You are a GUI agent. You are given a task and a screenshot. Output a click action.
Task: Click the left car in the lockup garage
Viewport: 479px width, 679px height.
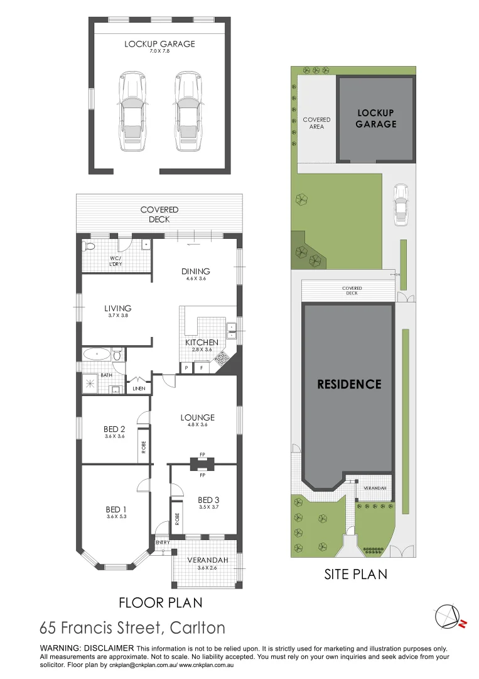(x=132, y=111)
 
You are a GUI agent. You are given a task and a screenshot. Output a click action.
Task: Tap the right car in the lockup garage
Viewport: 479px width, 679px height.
(x=188, y=111)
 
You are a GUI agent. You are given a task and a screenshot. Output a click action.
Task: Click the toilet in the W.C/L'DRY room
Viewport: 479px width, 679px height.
(x=90, y=246)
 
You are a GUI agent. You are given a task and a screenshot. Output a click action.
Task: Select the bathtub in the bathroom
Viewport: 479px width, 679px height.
(x=97, y=354)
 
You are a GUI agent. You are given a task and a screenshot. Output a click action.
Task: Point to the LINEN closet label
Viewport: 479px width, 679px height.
(x=139, y=389)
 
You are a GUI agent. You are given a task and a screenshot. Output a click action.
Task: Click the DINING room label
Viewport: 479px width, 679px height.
(x=196, y=272)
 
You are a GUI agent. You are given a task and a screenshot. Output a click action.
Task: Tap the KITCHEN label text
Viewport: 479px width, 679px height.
(x=202, y=343)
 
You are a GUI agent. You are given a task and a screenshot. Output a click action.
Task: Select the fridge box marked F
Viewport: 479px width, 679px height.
(x=202, y=368)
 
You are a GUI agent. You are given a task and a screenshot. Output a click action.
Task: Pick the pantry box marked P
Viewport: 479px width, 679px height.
(x=186, y=368)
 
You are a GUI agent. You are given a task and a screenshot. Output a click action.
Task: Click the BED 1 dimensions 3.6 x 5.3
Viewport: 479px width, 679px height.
(x=116, y=517)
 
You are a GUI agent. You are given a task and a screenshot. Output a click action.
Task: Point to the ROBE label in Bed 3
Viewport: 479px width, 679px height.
(x=177, y=519)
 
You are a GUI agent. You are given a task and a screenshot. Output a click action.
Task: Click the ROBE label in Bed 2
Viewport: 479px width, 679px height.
(x=144, y=448)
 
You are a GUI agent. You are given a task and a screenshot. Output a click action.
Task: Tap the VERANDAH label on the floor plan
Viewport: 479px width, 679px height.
(x=208, y=560)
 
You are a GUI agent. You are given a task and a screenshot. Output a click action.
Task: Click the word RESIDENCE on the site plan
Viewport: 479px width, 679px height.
(x=349, y=384)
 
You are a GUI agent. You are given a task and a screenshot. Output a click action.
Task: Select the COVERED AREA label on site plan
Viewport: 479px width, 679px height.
(x=316, y=123)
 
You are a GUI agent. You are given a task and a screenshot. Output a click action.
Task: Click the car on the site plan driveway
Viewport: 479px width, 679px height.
(x=401, y=205)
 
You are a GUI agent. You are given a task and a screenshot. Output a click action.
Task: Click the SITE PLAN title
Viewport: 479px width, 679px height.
(x=356, y=574)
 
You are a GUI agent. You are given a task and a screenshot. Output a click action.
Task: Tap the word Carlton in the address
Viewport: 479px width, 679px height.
(x=198, y=628)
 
